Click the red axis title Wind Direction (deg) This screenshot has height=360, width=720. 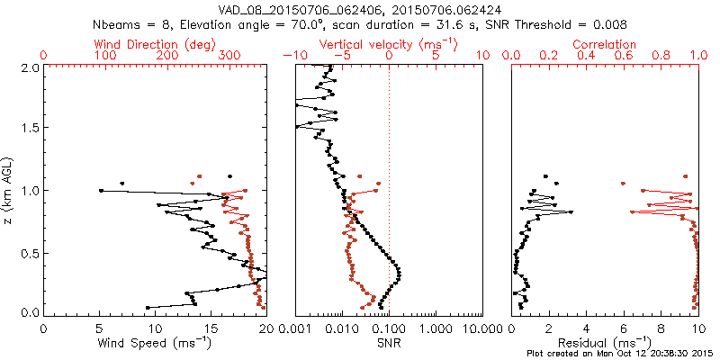point(154,43)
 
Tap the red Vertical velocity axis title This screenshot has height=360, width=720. point(388,43)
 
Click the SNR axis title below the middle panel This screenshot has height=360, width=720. point(388,342)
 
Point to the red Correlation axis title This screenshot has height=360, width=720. point(604,43)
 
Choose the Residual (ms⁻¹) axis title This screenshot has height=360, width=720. point(604,342)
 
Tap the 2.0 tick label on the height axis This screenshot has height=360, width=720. point(31,67)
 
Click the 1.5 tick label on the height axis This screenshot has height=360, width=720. point(31,129)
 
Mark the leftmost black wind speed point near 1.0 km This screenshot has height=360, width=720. point(101,191)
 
